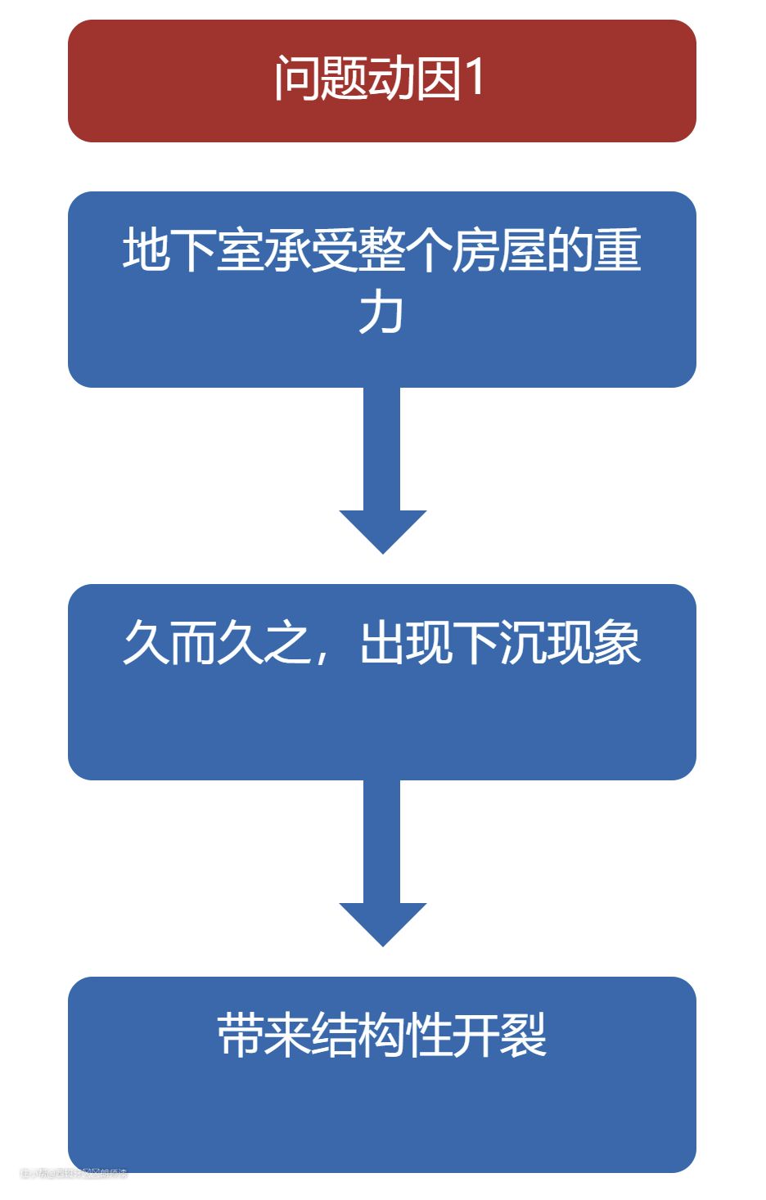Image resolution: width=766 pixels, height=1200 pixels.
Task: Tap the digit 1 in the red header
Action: pyautogui.click(x=475, y=79)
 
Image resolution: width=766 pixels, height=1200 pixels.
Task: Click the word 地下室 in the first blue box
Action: pyautogui.click(x=193, y=250)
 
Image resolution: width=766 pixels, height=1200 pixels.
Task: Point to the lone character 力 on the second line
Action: pyautogui.click(x=381, y=312)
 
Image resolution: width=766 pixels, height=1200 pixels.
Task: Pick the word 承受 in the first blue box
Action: pyautogui.click(x=311, y=250)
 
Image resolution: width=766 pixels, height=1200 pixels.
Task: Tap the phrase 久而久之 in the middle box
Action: pyautogui.click(x=216, y=643)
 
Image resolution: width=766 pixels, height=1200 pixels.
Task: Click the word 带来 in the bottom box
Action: pyautogui.click(x=264, y=1036)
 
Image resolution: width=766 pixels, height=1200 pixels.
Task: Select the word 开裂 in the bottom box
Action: pyautogui.click(x=499, y=1036)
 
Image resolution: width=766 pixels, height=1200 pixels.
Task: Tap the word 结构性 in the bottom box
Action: pyautogui.click(x=381, y=1036)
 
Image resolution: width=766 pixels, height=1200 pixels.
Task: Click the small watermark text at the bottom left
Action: pyautogui.click(x=74, y=1174)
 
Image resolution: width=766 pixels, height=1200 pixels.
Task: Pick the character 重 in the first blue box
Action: pyautogui.click(x=618, y=250)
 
